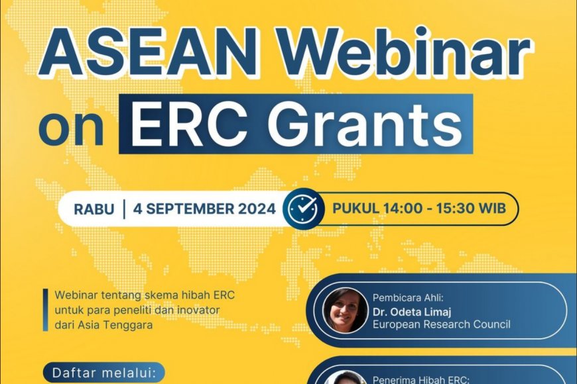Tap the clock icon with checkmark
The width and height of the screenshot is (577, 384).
303,209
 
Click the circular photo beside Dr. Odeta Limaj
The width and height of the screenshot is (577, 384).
345,311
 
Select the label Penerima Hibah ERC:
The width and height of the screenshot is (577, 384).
413,380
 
